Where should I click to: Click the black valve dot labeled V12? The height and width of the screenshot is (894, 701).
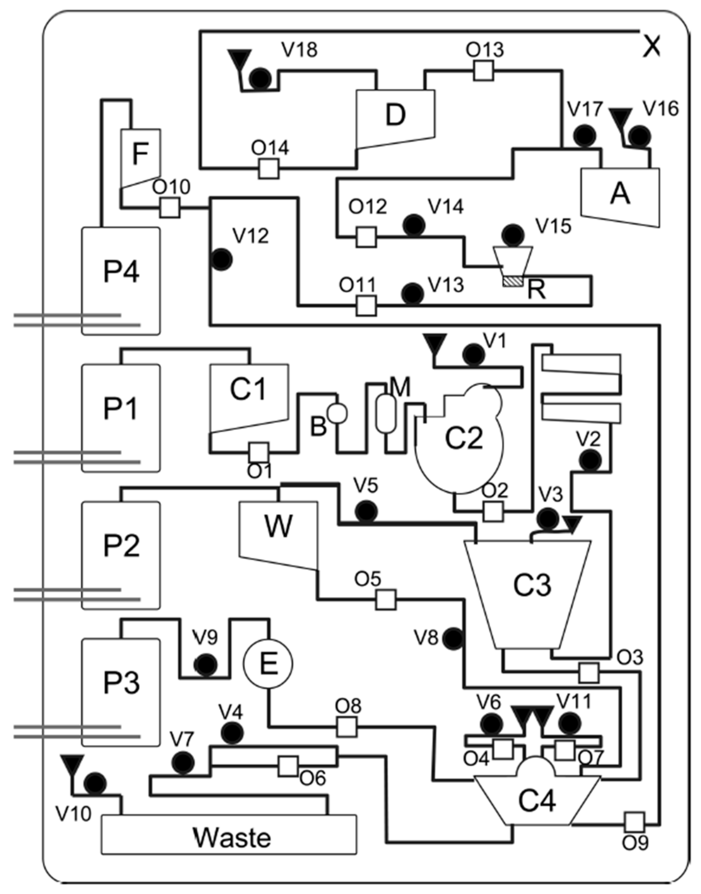221,259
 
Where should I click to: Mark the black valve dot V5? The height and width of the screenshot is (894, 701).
366,512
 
